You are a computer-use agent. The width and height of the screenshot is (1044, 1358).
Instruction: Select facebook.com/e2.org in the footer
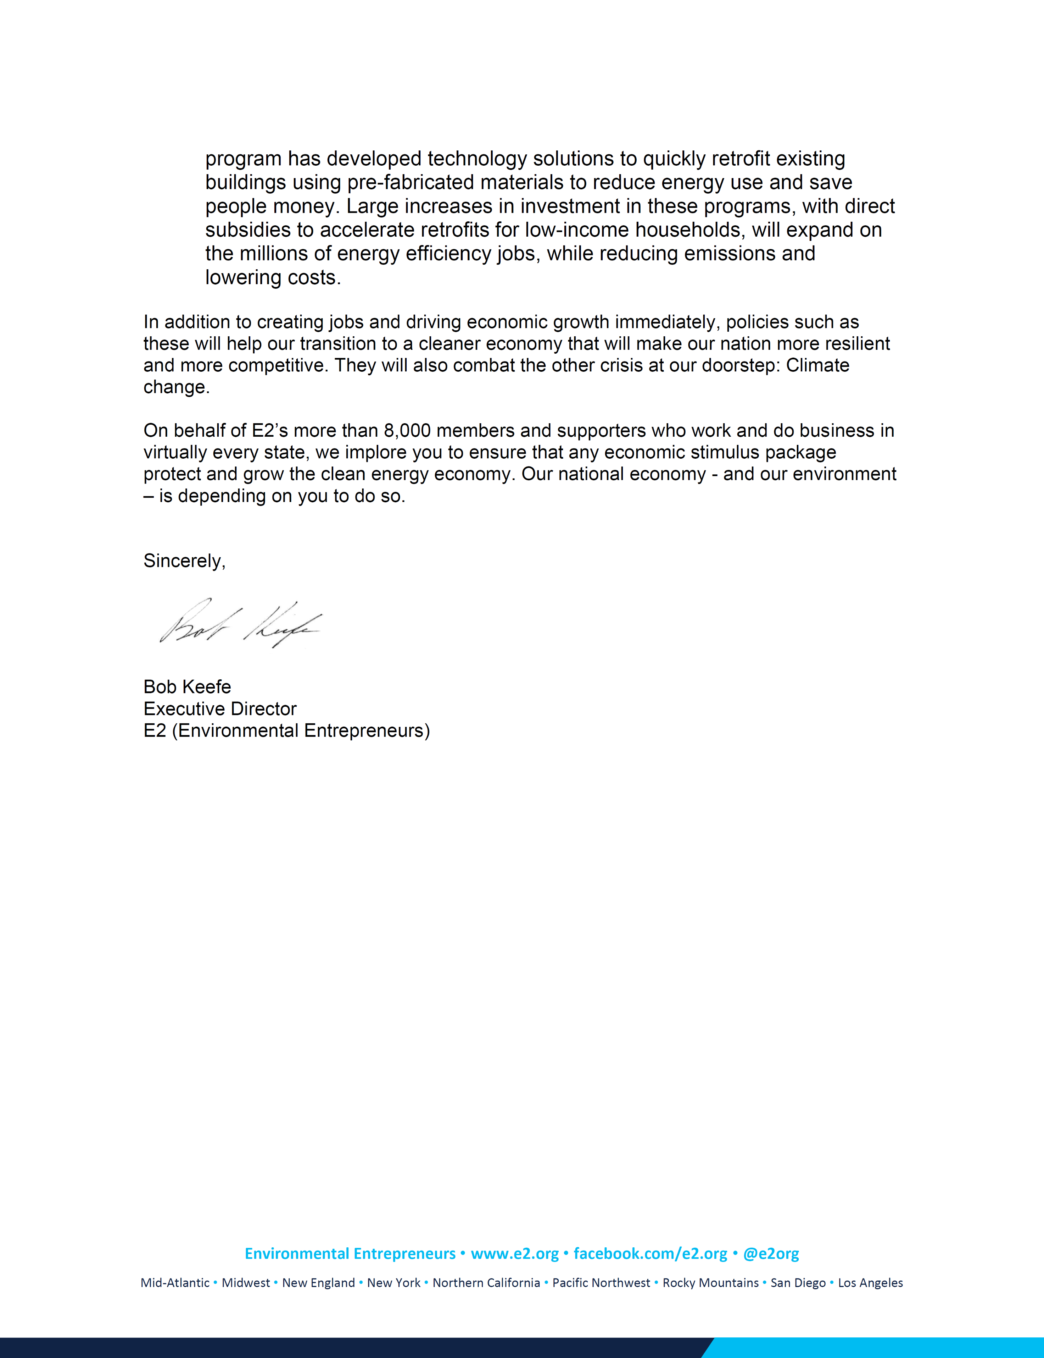click(x=650, y=1254)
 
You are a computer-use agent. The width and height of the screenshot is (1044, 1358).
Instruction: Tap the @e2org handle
click(x=771, y=1254)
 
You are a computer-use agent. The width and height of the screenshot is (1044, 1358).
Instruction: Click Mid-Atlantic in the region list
click(x=175, y=1283)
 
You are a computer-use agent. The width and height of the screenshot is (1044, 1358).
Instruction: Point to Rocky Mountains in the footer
click(x=710, y=1283)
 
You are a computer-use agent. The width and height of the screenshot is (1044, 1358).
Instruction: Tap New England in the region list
click(x=318, y=1283)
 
